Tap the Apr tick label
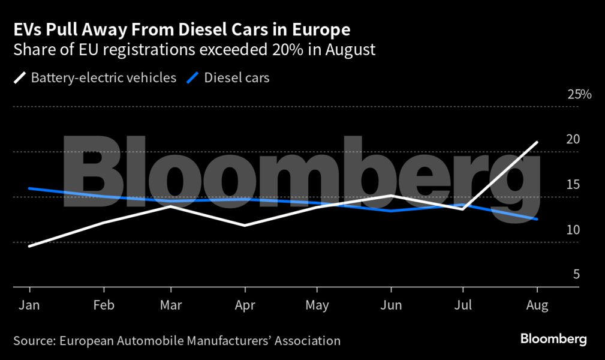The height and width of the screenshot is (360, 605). coord(244,305)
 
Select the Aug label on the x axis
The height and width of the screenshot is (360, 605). coord(537,305)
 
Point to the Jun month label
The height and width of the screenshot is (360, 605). coord(391,305)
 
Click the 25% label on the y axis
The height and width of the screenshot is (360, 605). coord(579,95)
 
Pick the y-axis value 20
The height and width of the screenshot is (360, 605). coord(574,139)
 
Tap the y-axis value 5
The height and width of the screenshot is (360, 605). coord(576,274)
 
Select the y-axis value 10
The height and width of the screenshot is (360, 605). coord(574,230)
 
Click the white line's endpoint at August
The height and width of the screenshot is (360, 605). coord(537,142)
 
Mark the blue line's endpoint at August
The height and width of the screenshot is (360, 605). coord(537,220)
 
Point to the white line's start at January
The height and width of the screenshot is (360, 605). coord(29,246)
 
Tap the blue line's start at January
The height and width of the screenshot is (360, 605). coord(29,188)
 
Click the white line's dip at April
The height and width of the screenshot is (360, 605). coord(244,226)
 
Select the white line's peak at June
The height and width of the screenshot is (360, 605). coord(391,196)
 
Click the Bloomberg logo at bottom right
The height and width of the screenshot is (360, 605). coord(553,339)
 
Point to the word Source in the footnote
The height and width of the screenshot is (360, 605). coord(34,341)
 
